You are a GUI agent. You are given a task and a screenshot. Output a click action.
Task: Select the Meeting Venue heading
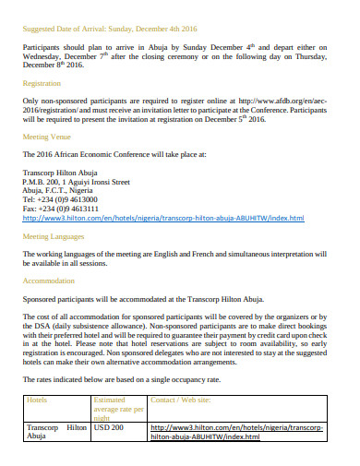46,137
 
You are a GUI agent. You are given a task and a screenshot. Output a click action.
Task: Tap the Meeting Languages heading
54,237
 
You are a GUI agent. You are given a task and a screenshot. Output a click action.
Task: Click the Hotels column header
38,400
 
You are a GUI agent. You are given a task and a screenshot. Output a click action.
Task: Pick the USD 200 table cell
109,427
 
